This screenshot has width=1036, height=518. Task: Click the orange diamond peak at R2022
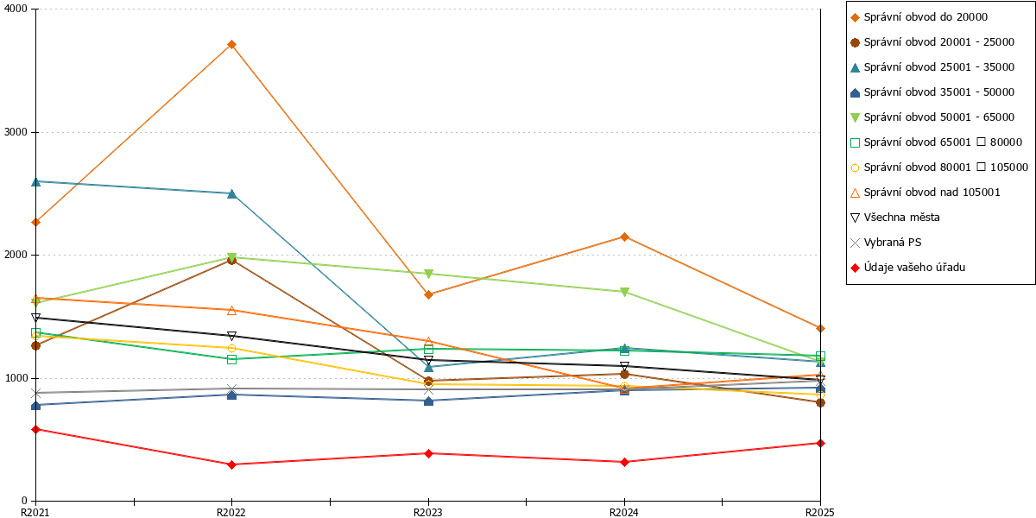(x=231, y=44)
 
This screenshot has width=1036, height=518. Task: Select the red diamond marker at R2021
(x=35, y=430)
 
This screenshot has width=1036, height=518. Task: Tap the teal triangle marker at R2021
(x=35, y=182)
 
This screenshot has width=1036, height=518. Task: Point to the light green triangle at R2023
(x=429, y=274)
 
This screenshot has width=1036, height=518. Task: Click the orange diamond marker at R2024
(x=624, y=237)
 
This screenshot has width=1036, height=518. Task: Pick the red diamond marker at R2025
(x=820, y=443)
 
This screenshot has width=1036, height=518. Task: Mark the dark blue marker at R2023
(x=429, y=401)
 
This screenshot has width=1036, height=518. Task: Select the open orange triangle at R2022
(x=231, y=310)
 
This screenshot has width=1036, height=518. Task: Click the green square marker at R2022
(x=231, y=359)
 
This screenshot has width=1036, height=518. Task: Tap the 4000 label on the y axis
(x=16, y=9)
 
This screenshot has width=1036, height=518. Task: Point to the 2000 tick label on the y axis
(x=16, y=255)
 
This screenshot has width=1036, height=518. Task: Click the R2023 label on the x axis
(x=428, y=512)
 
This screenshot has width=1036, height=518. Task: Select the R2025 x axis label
(x=820, y=512)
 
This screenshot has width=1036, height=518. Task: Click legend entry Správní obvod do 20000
(x=919, y=17)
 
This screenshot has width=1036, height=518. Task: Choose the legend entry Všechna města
(x=895, y=218)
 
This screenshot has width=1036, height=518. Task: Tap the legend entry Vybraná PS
(x=886, y=243)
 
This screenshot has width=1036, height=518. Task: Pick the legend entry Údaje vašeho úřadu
(x=907, y=268)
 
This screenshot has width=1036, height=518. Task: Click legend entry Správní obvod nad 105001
(x=925, y=193)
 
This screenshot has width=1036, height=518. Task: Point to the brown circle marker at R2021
(x=35, y=345)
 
